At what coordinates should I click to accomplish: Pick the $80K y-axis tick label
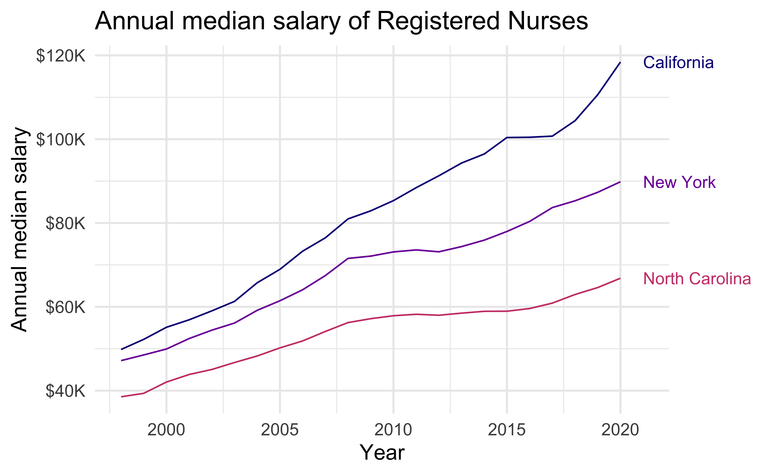pos(65,223)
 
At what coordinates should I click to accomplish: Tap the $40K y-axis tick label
pos(65,391)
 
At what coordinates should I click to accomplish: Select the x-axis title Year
pos(382,453)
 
